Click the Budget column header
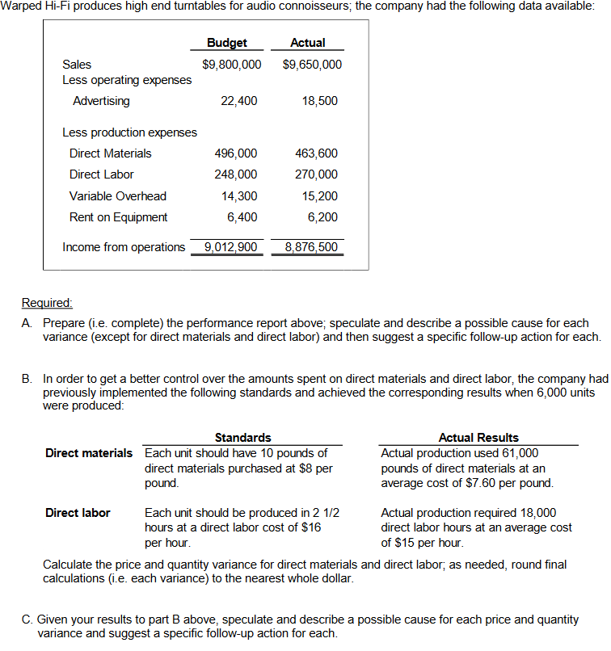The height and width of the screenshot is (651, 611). coord(227,43)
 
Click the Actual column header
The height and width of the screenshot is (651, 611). coord(308,43)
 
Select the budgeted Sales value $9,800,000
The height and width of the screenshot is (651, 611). coord(232,65)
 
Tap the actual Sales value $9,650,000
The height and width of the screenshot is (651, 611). coord(313,65)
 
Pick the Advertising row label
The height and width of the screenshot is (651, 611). coord(101,101)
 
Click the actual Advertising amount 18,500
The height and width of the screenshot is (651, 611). coord(321,101)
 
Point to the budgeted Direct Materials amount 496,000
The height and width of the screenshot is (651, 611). coord(236,153)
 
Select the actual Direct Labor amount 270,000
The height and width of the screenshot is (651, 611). coord(318,174)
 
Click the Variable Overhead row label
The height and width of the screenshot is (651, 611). coord(118,196)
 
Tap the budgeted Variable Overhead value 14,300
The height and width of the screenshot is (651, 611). coord(239,196)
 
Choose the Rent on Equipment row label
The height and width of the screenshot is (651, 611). coord(119,217)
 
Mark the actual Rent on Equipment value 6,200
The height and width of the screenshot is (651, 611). coord(323,217)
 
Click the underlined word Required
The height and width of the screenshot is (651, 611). coord(47,304)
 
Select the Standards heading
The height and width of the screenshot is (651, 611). coord(242,438)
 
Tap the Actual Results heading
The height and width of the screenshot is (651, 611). coord(478,438)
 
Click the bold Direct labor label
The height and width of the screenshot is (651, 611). coord(78,513)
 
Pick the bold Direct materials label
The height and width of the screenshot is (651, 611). coord(89,453)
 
